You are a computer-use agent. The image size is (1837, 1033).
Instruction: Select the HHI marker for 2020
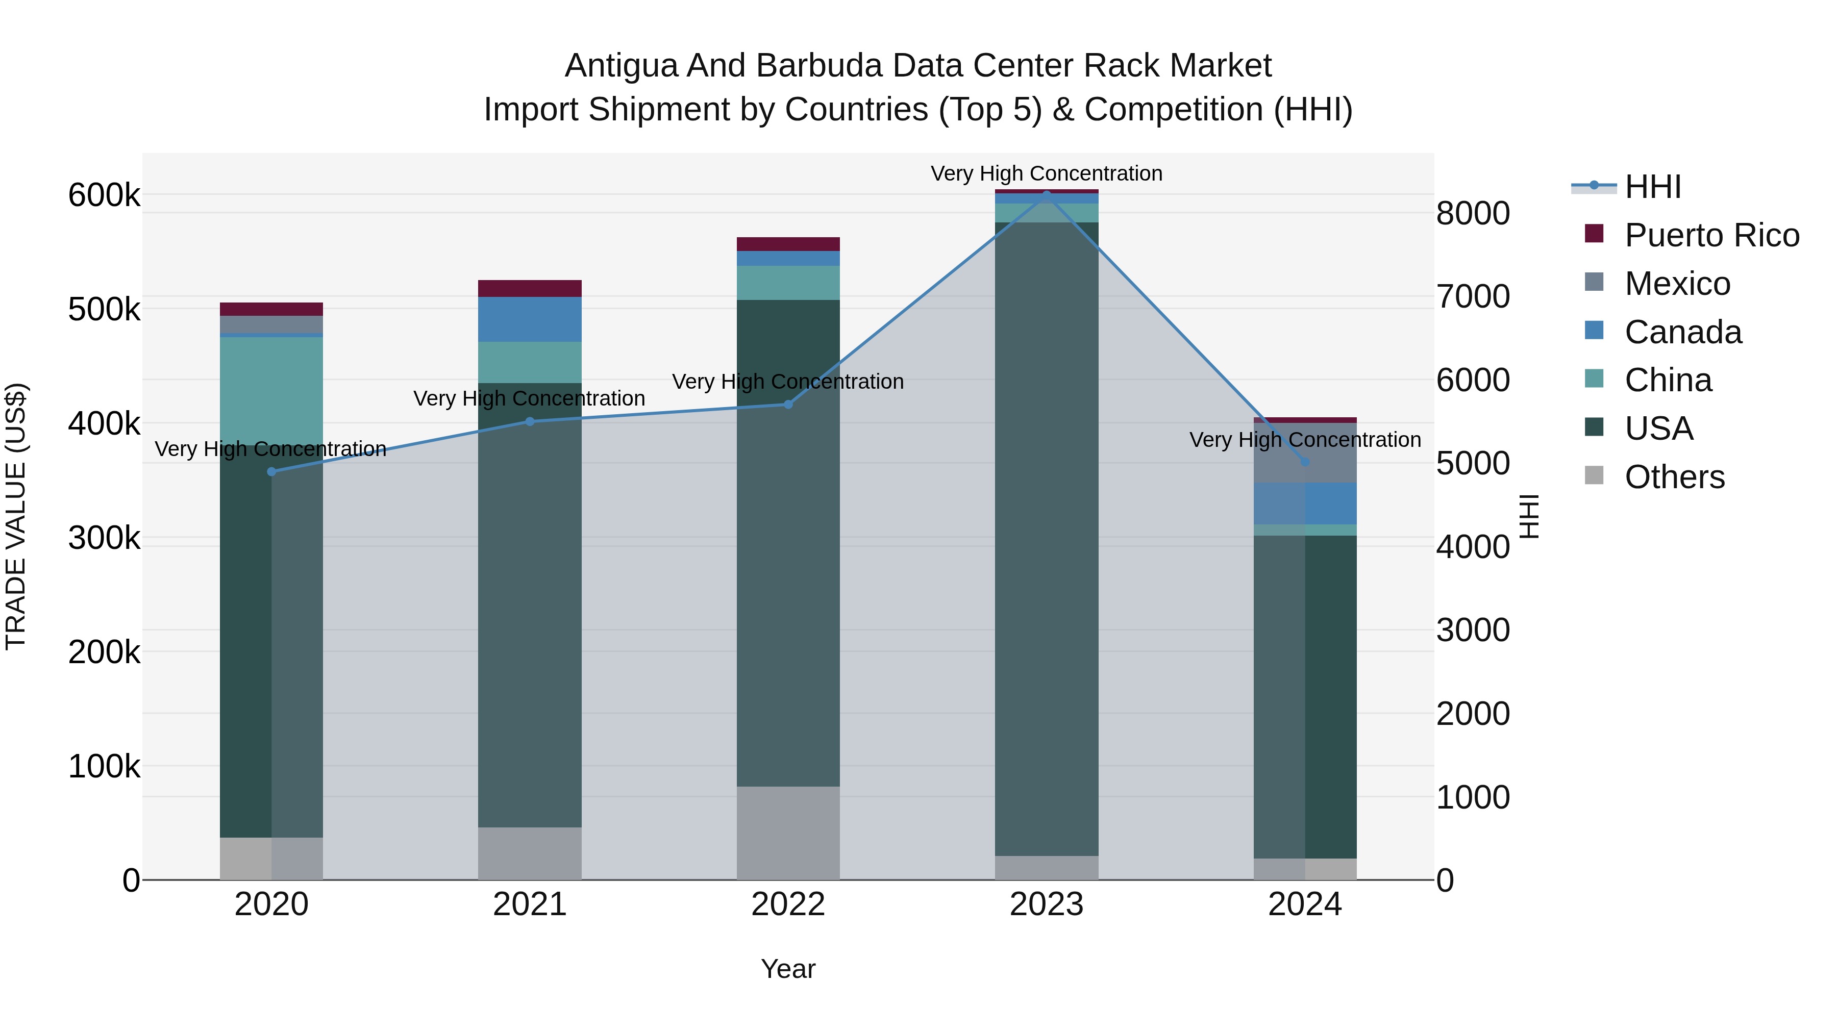(271, 472)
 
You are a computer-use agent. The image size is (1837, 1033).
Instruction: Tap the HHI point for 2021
(530, 421)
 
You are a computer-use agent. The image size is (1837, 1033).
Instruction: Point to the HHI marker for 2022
(788, 404)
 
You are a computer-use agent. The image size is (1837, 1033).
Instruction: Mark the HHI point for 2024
(1305, 462)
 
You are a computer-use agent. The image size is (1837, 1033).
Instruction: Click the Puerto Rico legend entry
(1711, 235)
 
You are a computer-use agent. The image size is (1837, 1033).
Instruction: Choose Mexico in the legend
(1677, 284)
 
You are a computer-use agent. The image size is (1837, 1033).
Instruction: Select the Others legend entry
(1674, 477)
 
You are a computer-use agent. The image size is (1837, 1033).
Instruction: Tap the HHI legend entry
(1653, 187)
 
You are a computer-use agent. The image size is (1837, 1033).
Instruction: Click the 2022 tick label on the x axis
(788, 904)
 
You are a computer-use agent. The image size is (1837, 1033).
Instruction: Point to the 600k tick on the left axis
(104, 195)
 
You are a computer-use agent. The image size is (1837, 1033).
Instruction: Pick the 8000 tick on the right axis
(1473, 213)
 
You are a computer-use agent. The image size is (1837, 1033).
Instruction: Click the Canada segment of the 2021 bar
(530, 319)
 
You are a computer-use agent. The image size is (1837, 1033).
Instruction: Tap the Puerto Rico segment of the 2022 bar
(788, 244)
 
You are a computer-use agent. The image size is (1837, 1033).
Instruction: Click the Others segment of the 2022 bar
(788, 833)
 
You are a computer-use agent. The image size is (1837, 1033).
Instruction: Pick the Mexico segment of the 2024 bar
(1305, 452)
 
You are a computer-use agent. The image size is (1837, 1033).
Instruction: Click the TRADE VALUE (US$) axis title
(16, 516)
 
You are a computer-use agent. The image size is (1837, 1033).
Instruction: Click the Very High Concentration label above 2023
(1046, 174)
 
